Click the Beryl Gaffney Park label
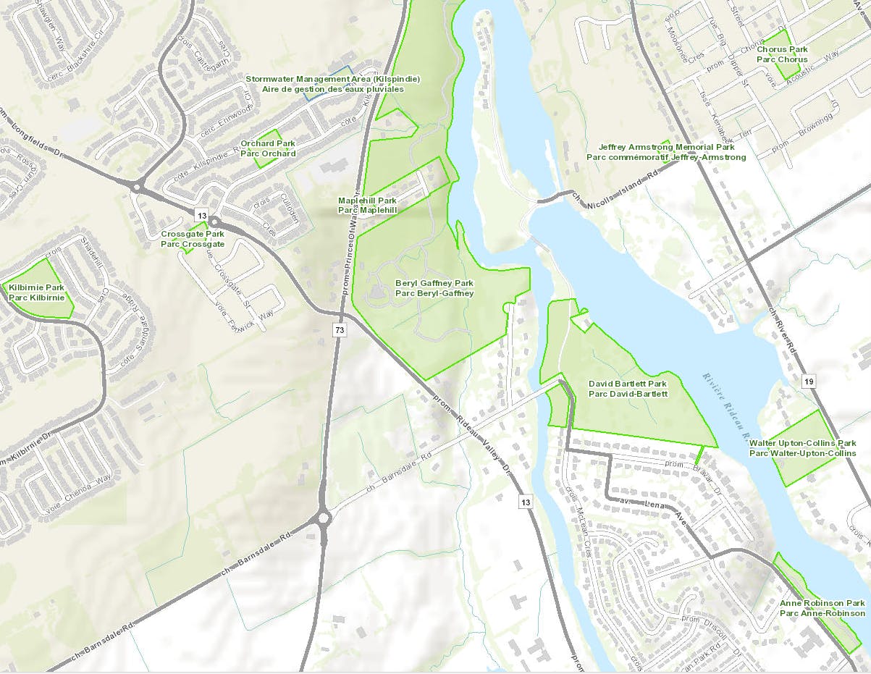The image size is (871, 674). [434, 288]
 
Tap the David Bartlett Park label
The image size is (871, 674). [628, 389]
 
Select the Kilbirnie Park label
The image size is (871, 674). [37, 292]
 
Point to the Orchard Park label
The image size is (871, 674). [268, 148]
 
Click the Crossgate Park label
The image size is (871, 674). [193, 240]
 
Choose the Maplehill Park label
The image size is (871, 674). [368, 205]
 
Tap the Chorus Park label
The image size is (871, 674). [782, 54]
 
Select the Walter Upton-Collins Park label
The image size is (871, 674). [802, 448]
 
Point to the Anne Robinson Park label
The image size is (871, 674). [822, 608]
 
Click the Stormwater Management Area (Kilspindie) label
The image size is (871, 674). [332, 83]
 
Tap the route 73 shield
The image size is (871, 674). [340, 330]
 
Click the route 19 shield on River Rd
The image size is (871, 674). [809, 381]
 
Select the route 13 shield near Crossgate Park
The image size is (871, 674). [201, 215]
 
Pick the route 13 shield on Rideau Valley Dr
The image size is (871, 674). [526, 502]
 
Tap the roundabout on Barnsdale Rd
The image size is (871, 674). [322, 518]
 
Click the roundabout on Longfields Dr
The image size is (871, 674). [137, 187]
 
